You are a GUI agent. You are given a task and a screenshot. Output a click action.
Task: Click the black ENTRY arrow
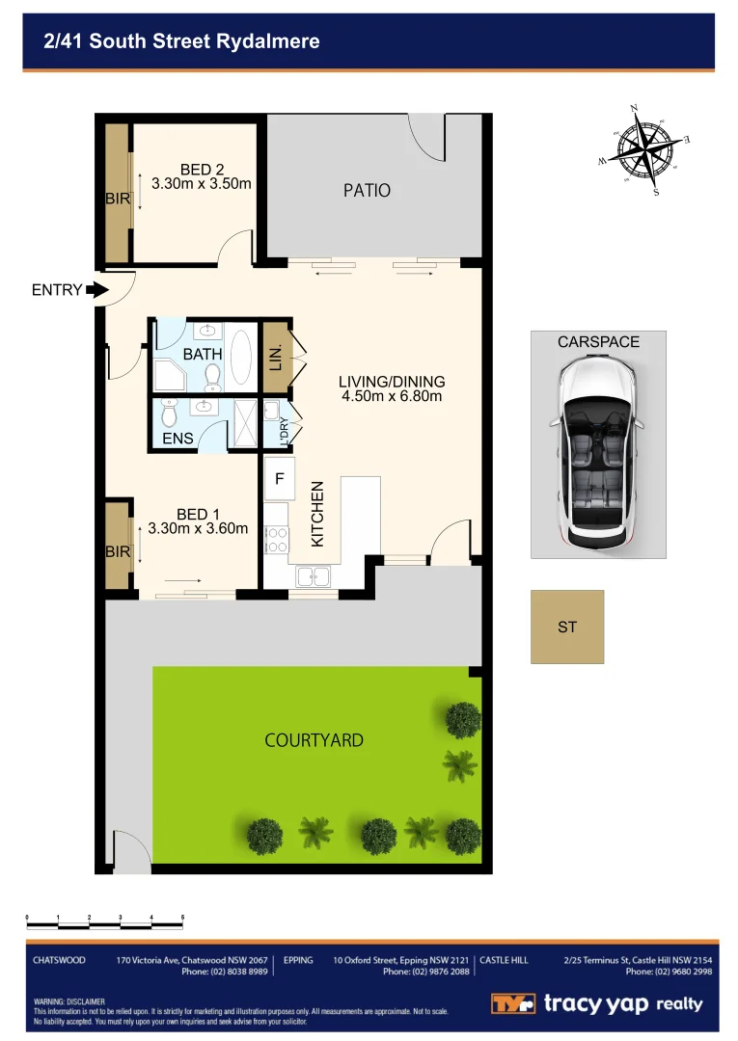pos(96,289)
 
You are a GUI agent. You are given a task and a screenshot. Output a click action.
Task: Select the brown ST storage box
pos(567,627)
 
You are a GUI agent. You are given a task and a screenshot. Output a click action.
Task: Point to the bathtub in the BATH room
pos(240,357)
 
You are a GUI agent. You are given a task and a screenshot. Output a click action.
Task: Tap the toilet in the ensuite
pos(170,414)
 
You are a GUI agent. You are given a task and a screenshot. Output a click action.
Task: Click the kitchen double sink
pos(313,577)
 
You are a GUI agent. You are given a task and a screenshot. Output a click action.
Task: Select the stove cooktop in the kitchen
pos(275,538)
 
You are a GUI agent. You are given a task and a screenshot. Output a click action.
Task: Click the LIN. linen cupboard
pos(276,357)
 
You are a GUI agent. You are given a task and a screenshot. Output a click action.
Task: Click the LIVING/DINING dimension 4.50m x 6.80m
pos(392,395)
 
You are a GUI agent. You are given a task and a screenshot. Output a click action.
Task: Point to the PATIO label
pos(367,190)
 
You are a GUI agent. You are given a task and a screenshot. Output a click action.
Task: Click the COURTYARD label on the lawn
pos(314,740)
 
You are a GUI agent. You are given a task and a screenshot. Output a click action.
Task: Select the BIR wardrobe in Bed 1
pos(118,547)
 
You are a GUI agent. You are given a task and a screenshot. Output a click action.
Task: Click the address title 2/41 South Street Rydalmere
pos(181,41)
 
